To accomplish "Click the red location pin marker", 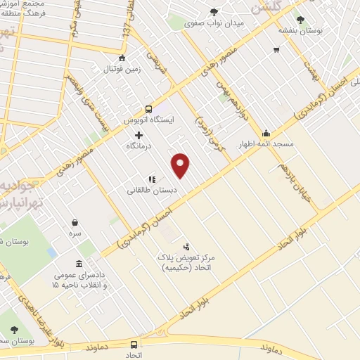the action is [x=181, y=165].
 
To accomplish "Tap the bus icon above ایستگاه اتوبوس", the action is [x=148, y=109].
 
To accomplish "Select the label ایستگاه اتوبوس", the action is [x=148, y=120].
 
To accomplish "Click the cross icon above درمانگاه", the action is [x=139, y=135].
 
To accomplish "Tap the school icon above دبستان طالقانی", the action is [x=152, y=179].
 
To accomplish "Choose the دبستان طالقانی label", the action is [x=152, y=190].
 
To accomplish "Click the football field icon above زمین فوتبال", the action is [x=123, y=58].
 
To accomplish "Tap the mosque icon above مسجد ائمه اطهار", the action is [x=266, y=134].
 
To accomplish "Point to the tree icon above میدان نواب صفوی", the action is [x=214, y=12].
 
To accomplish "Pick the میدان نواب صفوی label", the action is [x=214, y=23].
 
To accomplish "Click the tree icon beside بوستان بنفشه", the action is [x=301, y=20].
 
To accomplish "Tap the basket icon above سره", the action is [x=75, y=221].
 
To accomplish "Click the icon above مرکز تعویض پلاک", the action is [x=186, y=247].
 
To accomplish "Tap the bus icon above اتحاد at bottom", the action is [x=134, y=345].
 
